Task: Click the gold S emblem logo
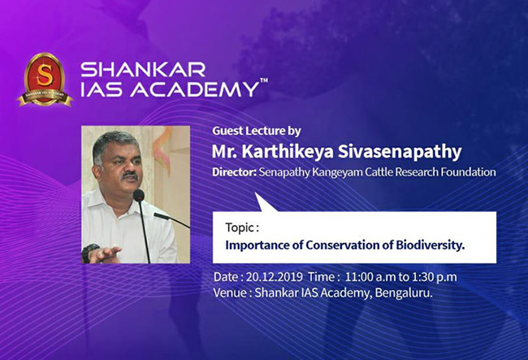click(x=45, y=80)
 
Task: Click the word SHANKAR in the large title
click(x=143, y=70)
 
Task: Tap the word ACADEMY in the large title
click(x=194, y=89)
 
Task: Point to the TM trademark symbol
click(x=264, y=80)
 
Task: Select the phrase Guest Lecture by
click(x=257, y=131)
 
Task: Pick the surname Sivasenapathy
click(x=400, y=151)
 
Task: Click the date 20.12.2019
click(x=275, y=277)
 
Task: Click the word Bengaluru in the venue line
click(x=404, y=293)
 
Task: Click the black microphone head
click(x=138, y=195)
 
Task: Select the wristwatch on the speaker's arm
click(x=89, y=252)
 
